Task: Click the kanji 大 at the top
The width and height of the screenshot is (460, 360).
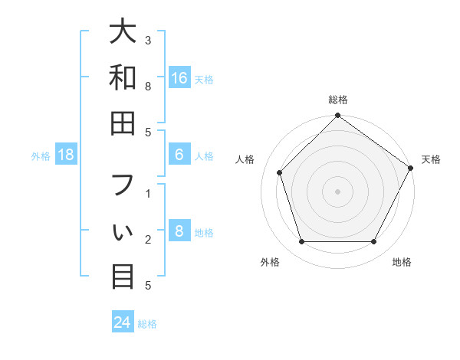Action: point(123,31)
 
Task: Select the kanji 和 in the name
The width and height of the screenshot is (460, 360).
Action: point(123,77)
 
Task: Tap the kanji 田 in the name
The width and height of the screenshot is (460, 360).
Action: point(123,123)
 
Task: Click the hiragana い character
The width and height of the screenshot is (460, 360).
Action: point(123,231)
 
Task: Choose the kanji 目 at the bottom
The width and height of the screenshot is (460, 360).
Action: point(123,276)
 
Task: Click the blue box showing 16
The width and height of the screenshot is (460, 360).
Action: point(179,78)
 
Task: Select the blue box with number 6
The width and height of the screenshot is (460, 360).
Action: point(179,155)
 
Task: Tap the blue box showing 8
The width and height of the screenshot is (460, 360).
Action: point(179,231)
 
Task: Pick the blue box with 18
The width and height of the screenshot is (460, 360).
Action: point(66,155)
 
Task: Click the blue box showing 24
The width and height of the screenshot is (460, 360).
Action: point(123,322)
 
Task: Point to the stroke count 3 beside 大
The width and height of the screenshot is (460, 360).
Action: point(148,40)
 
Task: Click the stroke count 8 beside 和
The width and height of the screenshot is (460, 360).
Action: point(148,87)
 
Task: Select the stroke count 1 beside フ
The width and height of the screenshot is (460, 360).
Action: point(148,194)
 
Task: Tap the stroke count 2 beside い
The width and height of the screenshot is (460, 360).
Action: point(148,240)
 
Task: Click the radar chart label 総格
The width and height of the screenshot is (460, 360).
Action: point(338,100)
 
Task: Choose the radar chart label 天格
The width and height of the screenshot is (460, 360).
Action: point(431,159)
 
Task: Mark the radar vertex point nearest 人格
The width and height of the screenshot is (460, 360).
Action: point(280,172)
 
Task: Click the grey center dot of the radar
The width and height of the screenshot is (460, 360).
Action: point(338,191)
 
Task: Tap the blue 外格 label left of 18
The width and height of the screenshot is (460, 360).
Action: point(41,156)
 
